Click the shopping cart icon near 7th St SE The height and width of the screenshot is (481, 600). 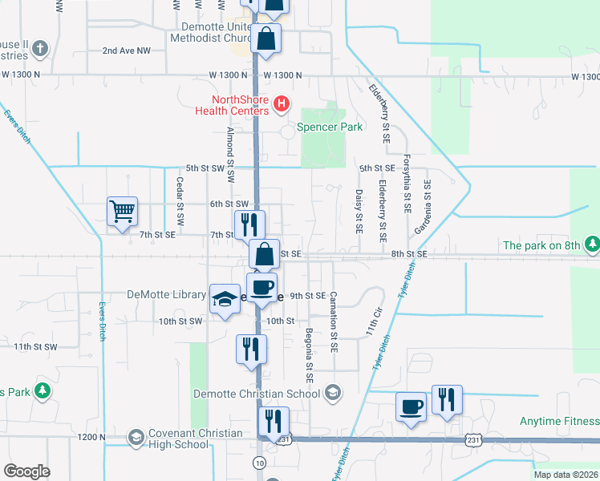point(122,212)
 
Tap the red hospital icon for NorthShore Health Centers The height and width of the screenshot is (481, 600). point(281,103)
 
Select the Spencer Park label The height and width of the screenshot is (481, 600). point(330,127)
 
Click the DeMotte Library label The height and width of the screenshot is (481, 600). point(167,295)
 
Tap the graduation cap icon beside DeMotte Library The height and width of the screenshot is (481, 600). point(225,299)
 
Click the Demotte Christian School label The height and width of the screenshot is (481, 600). point(257,394)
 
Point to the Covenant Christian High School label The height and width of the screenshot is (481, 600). point(184,439)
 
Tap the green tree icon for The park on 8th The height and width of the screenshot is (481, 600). point(592,244)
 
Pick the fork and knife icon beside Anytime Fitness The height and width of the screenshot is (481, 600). point(447,398)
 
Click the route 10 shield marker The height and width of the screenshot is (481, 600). point(259,463)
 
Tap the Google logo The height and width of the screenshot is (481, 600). point(26,471)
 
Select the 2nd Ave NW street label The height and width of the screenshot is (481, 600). point(127,51)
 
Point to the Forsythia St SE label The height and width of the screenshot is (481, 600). point(407,184)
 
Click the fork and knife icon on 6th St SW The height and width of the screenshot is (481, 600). point(249,224)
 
